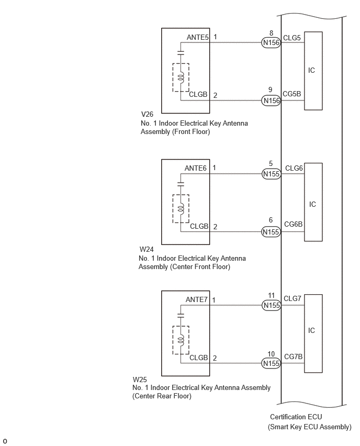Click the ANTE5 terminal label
198,37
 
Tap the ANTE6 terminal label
196,168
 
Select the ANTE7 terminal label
197,299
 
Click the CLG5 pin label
292,38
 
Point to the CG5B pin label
292,94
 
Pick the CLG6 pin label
294,168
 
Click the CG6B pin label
294,224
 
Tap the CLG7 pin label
292,298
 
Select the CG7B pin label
294,356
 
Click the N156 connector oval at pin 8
271,43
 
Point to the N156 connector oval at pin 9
271,101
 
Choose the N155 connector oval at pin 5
271,174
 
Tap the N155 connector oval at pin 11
271,306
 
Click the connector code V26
147,114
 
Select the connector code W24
147,249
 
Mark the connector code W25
140,380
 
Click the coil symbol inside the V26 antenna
181,77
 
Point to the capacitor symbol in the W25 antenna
181,315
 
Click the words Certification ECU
296,417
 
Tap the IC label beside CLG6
312,204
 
